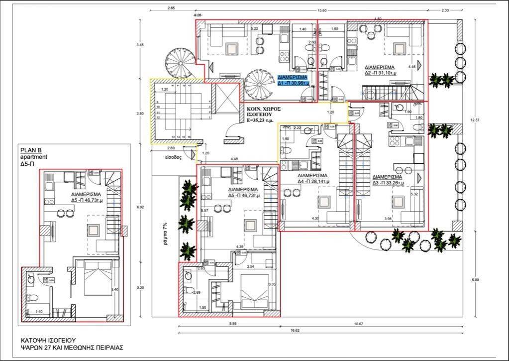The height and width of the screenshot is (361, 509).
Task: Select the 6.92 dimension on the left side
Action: click(x=140, y=207)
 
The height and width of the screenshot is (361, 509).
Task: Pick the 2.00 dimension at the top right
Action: click(x=444, y=10)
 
